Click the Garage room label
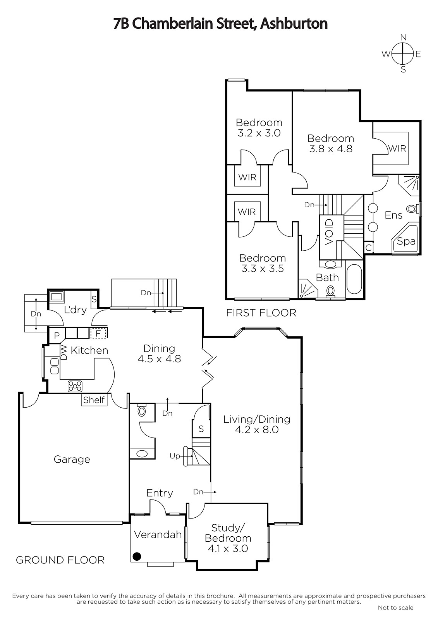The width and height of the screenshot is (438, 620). point(72,459)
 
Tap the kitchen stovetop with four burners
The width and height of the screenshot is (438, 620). point(75,386)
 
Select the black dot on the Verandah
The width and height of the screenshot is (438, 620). point(137,556)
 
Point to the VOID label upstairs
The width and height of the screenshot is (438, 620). point(329,232)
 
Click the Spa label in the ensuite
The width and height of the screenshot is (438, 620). point(406,241)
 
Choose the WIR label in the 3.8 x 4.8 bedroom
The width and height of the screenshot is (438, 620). point(397,149)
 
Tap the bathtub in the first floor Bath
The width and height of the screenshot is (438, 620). point(354,279)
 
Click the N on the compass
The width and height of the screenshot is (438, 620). point(404,37)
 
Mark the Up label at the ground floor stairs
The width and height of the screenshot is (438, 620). point(175,456)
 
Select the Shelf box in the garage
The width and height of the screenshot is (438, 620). point(94,400)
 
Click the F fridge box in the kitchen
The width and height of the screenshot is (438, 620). point(98,333)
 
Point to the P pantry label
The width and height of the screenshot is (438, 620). point(57,336)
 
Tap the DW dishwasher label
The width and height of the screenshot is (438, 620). point(64,352)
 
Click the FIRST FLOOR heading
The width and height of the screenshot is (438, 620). point(261,313)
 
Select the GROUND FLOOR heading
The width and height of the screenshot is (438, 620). point(60,560)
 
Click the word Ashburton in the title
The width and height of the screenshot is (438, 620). point(294,24)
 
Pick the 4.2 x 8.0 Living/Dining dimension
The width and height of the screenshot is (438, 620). point(257,430)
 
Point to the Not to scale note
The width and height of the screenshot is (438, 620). point(396,608)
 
